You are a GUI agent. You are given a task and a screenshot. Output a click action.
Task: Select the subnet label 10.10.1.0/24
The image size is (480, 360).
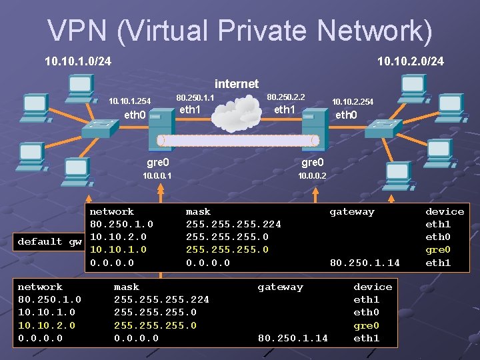(x=77, y=62)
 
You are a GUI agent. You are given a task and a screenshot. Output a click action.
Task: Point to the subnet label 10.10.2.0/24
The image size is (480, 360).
(x=410, y=62)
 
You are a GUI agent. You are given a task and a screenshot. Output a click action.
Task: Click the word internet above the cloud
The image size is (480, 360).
(x=236, y=84)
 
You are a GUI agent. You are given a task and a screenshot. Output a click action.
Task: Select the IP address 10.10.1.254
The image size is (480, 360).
(x=129, y=101)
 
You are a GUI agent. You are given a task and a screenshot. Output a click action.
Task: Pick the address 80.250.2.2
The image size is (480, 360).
(x=285, y=97)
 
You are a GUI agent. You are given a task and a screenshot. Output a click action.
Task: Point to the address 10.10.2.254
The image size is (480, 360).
(x=353, y=101)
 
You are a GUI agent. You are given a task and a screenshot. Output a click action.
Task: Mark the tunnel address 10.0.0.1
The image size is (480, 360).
(x=157, y=176)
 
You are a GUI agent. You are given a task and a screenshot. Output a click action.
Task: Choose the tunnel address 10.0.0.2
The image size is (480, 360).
(x=313, y=176)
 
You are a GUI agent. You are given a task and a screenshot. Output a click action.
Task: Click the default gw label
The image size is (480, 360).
(x=50, y=241)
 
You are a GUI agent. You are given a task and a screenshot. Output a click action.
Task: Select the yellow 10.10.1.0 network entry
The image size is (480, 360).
(x=119, y=249)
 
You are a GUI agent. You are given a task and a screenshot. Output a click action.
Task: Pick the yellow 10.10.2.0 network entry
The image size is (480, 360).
(x=47, y=325)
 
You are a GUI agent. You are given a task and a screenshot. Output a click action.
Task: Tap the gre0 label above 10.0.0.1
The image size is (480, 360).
(x=157, y=162)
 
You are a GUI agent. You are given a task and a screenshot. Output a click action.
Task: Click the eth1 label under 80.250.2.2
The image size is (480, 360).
(x=285, y=109)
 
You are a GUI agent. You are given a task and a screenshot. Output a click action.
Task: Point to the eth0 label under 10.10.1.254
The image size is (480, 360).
(x=135, y=115)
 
